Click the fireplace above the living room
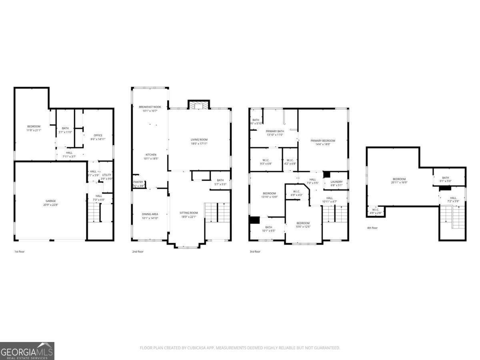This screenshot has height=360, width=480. click(x=199, y=105)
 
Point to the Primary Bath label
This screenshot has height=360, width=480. click(x=275, y=133)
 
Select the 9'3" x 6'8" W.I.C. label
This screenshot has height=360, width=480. click(x=266, y=162)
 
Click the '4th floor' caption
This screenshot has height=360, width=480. click(x=372, y=228)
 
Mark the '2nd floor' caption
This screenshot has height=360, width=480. click(x=138, y=252)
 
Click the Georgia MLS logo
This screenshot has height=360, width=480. click(x=27, y=351)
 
